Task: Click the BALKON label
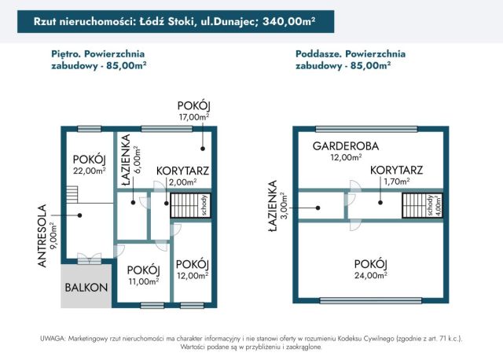(86, 287)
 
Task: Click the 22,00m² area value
(89, 170)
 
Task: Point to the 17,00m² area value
(194, 117)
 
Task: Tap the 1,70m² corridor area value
(396, 181)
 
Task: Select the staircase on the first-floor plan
(187, 206)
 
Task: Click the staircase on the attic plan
(414, 206)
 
